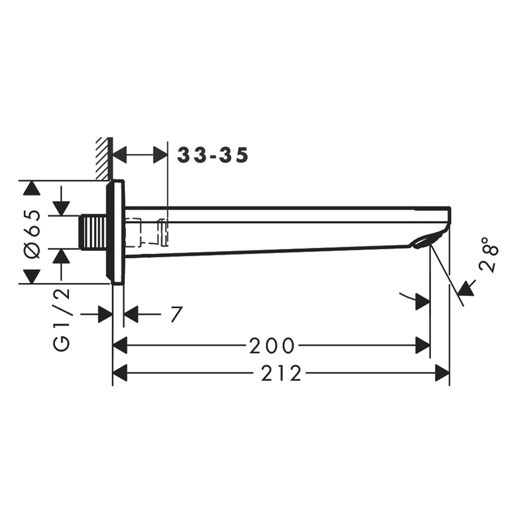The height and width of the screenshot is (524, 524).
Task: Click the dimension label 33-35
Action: click(x=213, y=155)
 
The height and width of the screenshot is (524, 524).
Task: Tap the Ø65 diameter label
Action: click(x=35, y=232)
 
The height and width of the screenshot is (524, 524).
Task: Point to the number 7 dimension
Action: click(x=176, y=314)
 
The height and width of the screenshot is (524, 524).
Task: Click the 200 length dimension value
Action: click(x=272, y=346)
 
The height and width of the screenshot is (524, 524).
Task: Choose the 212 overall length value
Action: click(x=281, y=373)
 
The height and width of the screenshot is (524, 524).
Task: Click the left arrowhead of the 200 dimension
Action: click(x=120, y=346)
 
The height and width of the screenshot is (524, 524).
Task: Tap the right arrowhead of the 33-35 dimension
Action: click(x=160, y=155)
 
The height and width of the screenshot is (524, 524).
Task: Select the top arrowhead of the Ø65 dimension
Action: click(x=31, y=188)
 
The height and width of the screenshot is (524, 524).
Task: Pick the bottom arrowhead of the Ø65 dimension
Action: click(x=31, y=276)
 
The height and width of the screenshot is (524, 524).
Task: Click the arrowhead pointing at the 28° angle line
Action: click(x=467, y=287)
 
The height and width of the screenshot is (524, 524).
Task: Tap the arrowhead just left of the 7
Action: click(x=131, y=314)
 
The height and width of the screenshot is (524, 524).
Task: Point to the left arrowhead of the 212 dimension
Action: click(x=120, y=373)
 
